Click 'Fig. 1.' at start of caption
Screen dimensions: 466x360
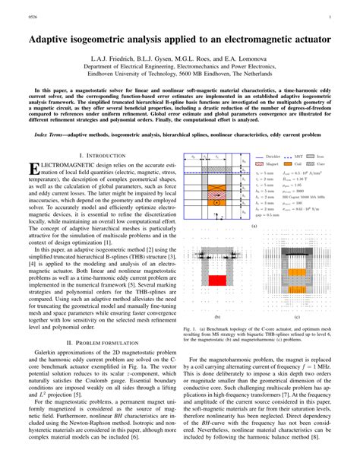tap(190, 329)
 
